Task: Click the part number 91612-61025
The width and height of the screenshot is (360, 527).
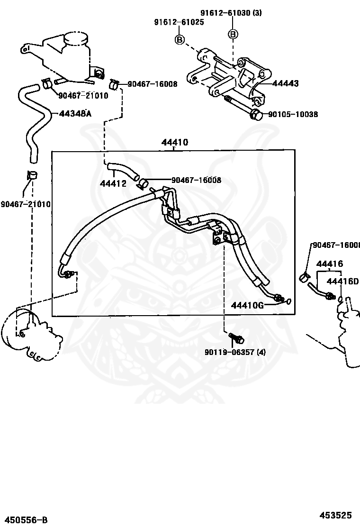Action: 179,22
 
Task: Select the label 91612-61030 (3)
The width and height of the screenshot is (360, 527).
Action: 231,13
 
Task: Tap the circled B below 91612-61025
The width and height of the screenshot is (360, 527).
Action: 180,39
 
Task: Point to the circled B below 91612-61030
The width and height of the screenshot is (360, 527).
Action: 233,34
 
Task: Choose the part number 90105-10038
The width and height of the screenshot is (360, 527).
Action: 292,114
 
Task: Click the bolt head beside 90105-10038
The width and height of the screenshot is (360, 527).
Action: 255,114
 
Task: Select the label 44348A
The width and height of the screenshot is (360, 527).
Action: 75,114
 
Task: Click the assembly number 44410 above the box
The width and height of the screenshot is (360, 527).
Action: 174,142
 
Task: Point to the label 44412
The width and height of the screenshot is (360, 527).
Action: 113,183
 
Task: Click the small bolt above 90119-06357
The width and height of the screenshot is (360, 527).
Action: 236,338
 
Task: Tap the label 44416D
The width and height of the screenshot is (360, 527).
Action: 343,281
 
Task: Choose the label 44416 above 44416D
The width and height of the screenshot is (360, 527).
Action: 330,264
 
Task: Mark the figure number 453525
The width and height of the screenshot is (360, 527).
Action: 335,515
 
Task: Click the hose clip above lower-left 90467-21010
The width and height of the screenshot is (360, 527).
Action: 32,174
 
